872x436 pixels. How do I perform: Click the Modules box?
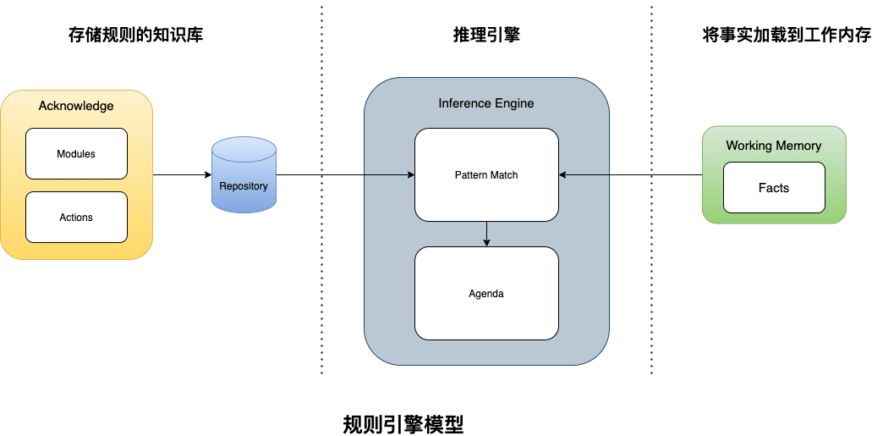[76, 154]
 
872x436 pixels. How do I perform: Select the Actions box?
[76, 218]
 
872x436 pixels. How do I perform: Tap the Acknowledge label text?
[76, 106]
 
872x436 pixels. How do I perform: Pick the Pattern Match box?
[486, 175]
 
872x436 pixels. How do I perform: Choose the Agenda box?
[486, 294]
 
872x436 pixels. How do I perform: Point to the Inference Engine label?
[486, 103]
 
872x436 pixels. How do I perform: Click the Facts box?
[774, 188]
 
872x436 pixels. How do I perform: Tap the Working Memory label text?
[774, 146]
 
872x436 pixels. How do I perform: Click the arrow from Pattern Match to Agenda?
[486, 234]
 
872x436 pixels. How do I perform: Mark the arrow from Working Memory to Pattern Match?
[630, 175]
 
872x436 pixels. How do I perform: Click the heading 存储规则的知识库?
[135, 36]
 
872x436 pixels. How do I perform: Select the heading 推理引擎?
[486, 36]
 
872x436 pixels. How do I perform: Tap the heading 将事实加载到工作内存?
[787, 36]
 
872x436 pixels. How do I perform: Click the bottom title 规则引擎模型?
[403, 424]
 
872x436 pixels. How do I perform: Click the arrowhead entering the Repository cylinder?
[206, 175]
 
